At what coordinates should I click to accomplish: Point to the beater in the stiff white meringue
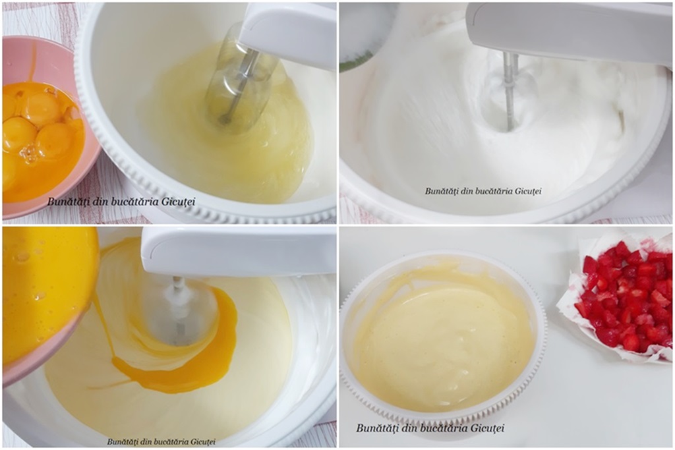coord(510,90)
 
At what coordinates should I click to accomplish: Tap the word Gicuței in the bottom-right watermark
coord(487,428)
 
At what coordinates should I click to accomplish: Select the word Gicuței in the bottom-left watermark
coord(203,441)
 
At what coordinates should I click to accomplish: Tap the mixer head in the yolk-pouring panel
coord(239,252)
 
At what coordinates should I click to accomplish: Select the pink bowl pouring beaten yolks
coord(47,301)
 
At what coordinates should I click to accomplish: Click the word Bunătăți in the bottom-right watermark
coord(376,428)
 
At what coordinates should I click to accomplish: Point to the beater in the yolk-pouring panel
coord(177,310)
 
